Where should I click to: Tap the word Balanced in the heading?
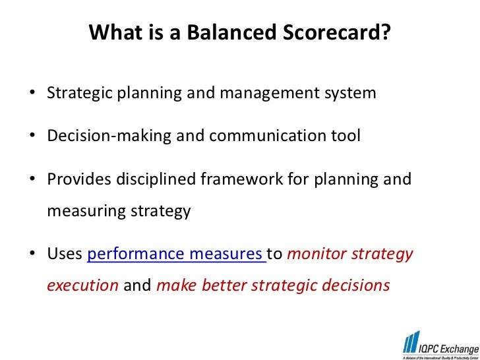(231, 32)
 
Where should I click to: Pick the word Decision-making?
(109, 136)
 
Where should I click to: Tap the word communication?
(268, 136)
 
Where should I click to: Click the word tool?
(345, 136)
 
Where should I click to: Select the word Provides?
(78, 179)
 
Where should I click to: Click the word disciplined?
(156, 180)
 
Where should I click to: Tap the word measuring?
(86, 212)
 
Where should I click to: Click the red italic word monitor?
(316, 254)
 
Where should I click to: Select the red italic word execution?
(82, 285)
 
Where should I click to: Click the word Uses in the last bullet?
(65, 254)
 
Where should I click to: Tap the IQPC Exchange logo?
(441, 345)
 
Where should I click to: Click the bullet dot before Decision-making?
(32, 135)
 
